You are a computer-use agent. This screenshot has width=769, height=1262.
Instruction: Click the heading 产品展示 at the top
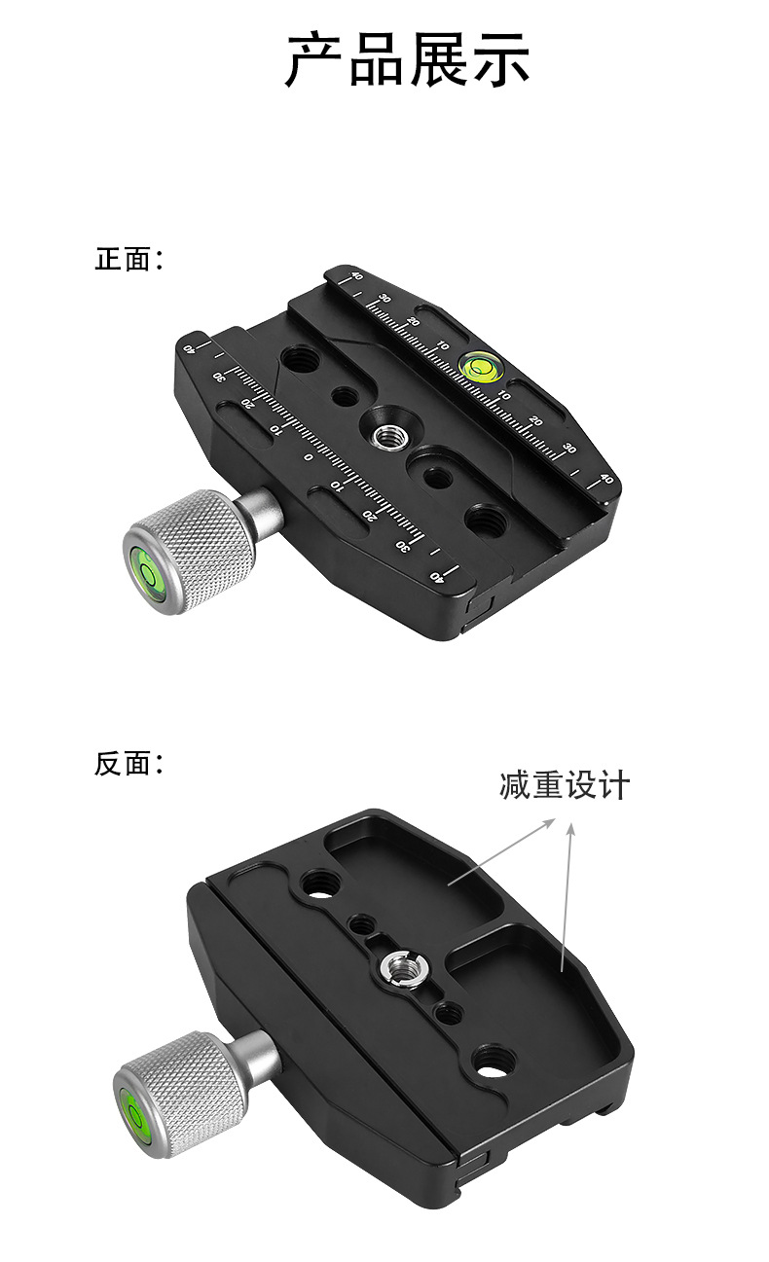[x=407, y=60]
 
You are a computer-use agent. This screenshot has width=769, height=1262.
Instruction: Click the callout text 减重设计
[x=565, y=784]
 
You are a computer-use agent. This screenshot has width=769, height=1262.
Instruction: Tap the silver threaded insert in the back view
[x=398, y=967]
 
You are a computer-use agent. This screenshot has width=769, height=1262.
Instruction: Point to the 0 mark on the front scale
[x=309, y=456]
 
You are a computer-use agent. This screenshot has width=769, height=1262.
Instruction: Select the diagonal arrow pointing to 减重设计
[x=501, y=853]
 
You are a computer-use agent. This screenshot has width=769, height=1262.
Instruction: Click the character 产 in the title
[x=314, y=60]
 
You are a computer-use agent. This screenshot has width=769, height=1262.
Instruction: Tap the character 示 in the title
[x=500, y=60]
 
